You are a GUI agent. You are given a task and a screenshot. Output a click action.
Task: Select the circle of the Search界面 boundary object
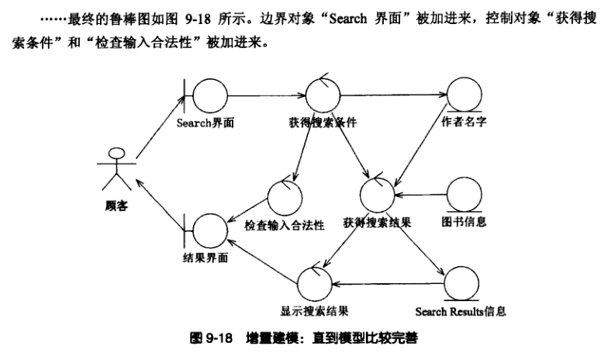pos(207,97)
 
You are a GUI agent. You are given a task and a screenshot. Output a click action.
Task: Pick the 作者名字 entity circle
pos(463,96)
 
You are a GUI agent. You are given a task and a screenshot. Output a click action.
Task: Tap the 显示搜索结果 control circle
pos(315,281)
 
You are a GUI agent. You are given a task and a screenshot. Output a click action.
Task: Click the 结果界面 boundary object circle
pos(207,230)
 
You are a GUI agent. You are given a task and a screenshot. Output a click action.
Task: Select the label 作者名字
pos(464,123)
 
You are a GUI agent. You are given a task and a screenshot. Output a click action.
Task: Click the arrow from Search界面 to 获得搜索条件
pos(264,96)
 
